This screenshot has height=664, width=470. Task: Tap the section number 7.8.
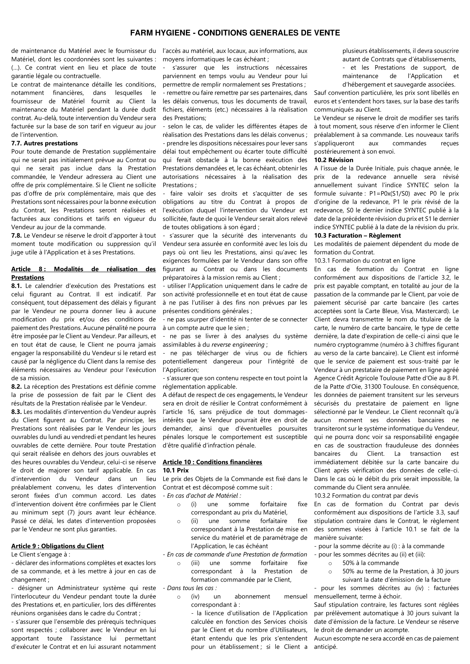16,235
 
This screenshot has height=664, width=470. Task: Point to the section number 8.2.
16,386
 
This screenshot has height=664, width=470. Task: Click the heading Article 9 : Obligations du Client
57,546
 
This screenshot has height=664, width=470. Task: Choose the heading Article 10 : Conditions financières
213,462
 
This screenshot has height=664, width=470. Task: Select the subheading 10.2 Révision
334,160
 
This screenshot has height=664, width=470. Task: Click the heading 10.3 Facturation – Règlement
357,235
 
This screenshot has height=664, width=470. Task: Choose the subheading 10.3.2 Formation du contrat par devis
366,495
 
